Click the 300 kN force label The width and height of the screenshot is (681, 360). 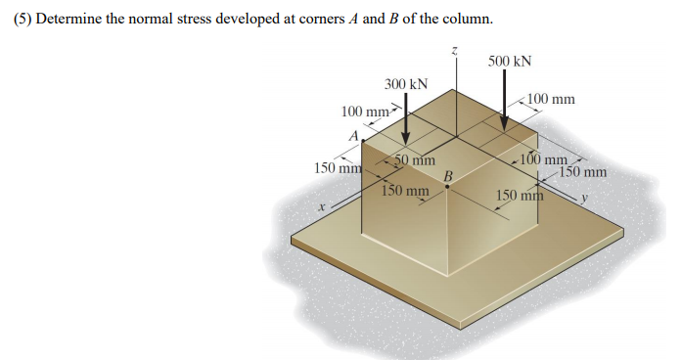tap(406, 84)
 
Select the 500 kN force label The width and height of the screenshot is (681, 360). tap(509, 61)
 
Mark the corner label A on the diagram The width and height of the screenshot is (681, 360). tap(351, 135)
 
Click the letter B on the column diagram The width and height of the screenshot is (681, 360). tap(448, 175)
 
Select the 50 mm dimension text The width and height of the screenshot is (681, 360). tap(415, 160)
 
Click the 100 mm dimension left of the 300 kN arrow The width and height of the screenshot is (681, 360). tap(365, 112)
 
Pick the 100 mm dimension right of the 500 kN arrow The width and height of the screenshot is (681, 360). tap(551, 99)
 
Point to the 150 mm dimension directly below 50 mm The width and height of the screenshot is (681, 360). tap(405, 190)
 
